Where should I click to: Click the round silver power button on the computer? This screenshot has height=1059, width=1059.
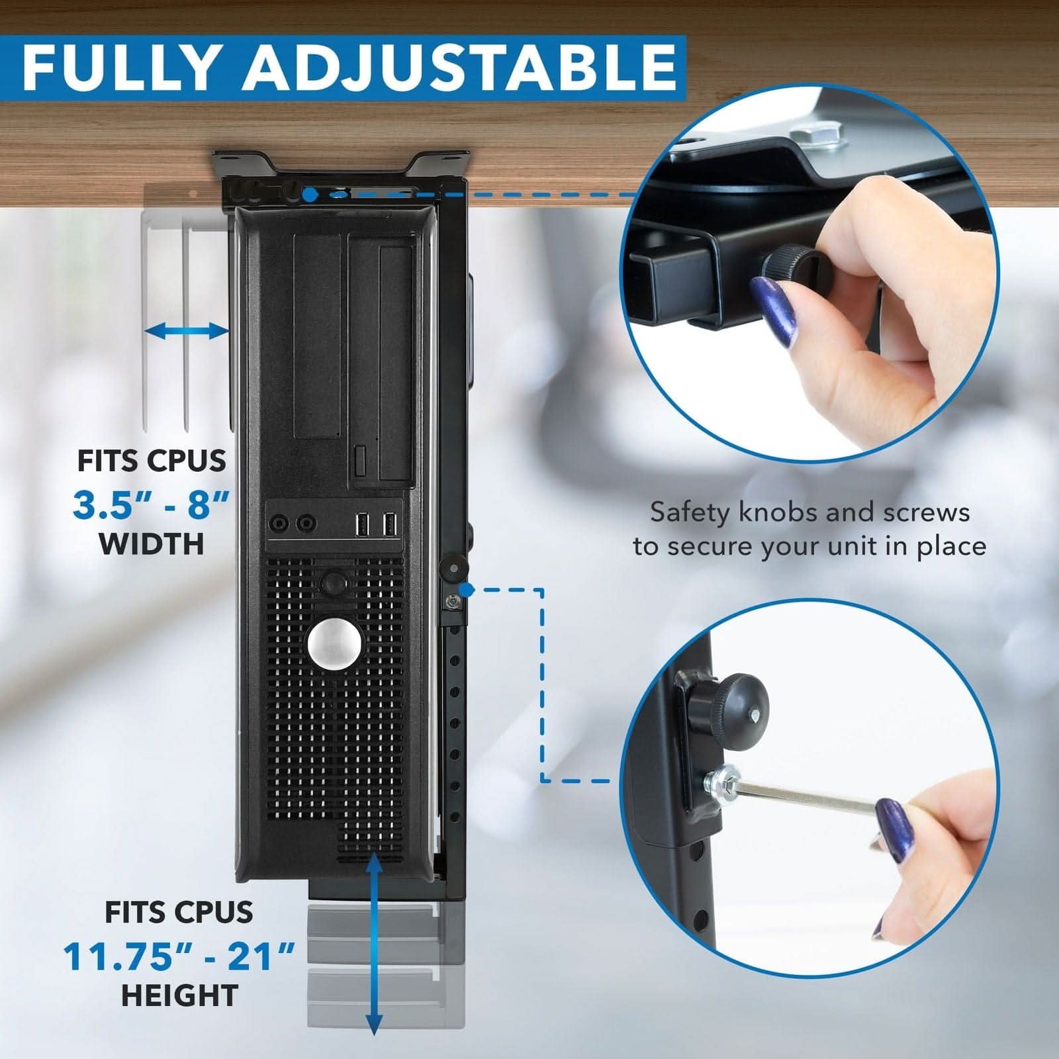click(334, 642)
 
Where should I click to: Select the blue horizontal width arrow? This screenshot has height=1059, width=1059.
click(186, 332)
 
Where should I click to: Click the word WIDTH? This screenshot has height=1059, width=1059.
click(152, 544)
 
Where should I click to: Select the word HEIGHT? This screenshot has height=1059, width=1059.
click(179, 995)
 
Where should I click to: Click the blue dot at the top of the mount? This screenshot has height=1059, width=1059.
click(309, 195)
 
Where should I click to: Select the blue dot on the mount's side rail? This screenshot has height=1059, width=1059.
click(467, 589)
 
